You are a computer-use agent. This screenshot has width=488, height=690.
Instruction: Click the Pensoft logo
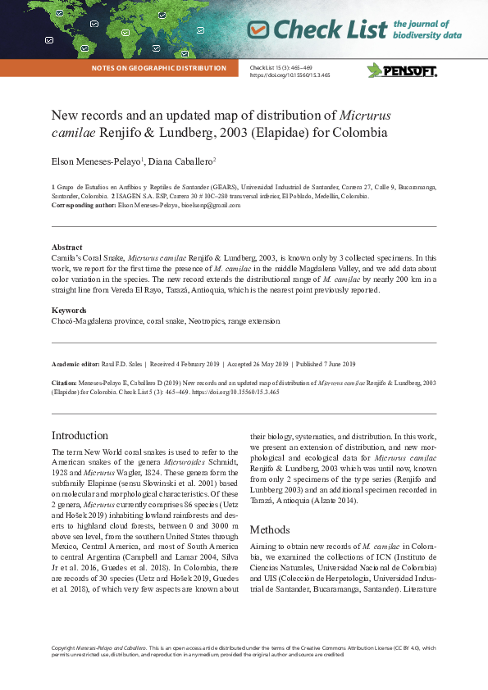[402, 70]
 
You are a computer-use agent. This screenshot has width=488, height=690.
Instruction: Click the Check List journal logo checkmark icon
[258, 30]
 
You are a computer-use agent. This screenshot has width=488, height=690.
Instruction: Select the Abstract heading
[66, 247]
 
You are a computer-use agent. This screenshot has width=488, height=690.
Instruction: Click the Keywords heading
[70, 311]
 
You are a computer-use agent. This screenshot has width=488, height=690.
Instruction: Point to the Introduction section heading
[80, 435]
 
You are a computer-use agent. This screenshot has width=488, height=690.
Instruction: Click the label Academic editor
[75, 364]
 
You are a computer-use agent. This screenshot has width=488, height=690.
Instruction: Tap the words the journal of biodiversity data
[426, 30]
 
